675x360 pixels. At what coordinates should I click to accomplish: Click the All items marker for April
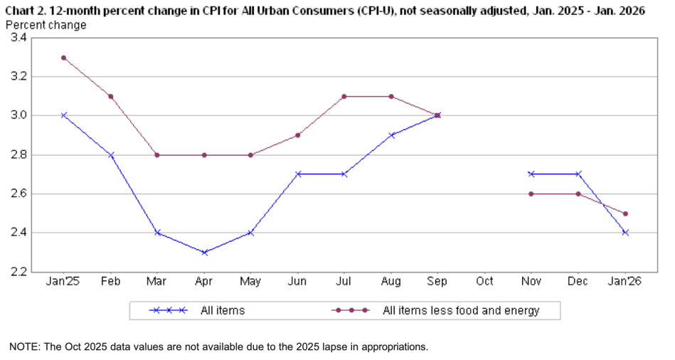(204, 252)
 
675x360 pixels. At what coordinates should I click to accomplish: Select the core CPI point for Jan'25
(64, 58)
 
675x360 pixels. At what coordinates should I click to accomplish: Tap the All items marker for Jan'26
(625, 233)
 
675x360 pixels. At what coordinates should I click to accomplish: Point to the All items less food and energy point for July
(344, 96)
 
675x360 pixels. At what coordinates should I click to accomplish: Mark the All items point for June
(297, 174)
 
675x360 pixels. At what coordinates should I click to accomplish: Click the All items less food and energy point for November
(531, 194)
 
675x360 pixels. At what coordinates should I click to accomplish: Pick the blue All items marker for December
(578, 174)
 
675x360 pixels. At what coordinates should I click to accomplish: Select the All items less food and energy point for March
(157, 154)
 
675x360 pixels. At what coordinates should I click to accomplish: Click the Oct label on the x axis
(484, 282)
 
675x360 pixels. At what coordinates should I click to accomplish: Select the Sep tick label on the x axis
(437, 282)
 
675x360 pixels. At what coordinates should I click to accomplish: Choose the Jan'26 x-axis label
(625, 282)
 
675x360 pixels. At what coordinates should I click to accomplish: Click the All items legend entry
(223, 310)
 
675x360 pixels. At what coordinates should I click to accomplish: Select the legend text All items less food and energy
(461, 310)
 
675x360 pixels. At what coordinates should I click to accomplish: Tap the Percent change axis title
(46, 25)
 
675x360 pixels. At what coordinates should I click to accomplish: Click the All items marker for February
(111, 154)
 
